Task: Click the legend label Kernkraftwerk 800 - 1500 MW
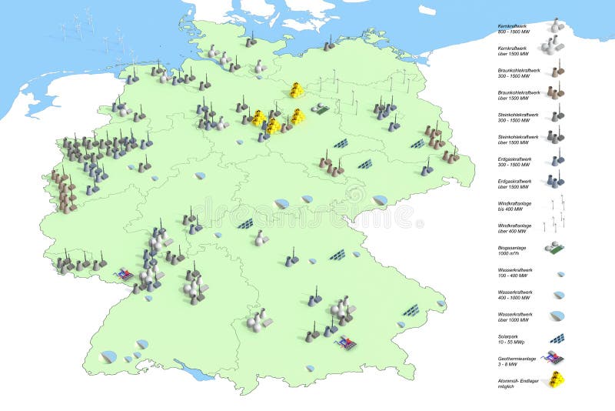[514, 28]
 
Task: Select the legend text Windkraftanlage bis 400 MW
[514, 205]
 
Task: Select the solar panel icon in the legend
[557, 338]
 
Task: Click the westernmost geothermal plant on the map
[124, 273]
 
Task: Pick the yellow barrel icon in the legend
[555, 379]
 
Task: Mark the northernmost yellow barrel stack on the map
[297, 90]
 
